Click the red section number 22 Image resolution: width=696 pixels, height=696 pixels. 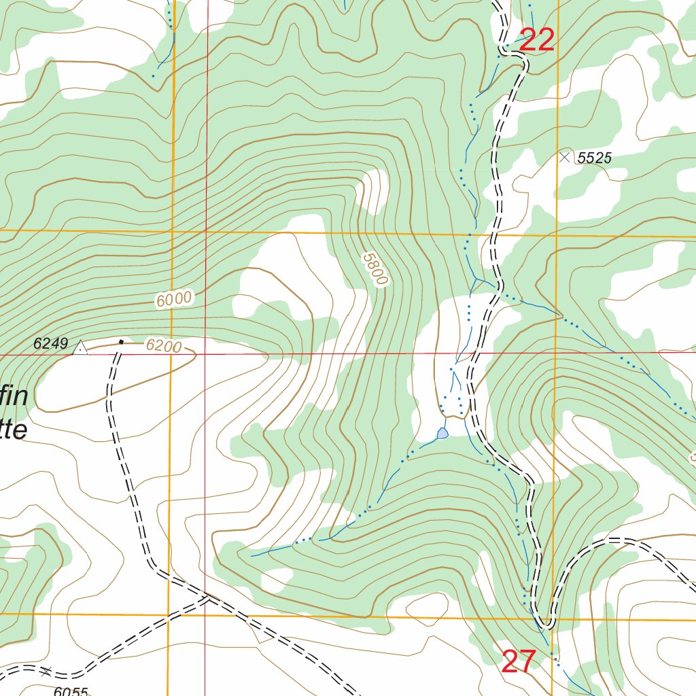(x=537, y=41)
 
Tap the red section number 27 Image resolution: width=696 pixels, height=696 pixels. (x=519, y=662)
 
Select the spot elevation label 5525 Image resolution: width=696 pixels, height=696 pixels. (x=595, y=158)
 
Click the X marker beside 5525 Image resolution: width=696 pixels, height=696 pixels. (x=564, y=157)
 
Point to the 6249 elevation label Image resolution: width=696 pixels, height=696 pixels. (x=51, y=345)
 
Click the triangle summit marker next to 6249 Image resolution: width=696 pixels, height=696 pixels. (x=80, y=349)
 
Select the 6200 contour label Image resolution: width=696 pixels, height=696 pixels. (x=163, y=347)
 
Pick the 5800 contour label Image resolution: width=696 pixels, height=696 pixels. (x=375, y=269)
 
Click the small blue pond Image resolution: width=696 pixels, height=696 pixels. (x=443, y=433)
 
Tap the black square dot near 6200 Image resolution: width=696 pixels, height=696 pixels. (x=121, y=342)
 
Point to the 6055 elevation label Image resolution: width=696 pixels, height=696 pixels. (x=71, y=691)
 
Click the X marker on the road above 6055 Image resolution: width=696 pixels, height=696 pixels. (x=46, y=672)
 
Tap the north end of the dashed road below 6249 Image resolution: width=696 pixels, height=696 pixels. (x=116, y=353)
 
